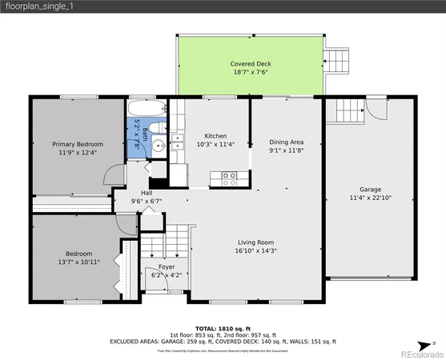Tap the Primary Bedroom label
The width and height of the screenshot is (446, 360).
(78, 144)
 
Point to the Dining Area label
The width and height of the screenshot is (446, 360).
(286, 142)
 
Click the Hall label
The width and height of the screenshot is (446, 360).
(147, 193)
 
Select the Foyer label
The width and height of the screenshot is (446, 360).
(166, 267)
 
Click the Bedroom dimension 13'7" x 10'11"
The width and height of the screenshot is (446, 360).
(78, 261)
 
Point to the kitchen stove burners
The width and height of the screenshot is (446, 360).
(229, 176)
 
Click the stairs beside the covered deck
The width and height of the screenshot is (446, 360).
(337, 58)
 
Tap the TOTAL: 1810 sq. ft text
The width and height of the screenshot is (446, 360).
(223, 328)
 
